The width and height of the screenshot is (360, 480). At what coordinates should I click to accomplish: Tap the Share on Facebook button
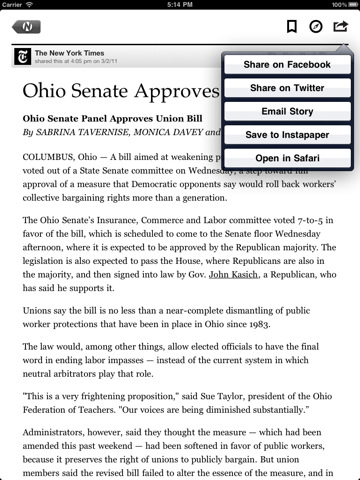(287, 65)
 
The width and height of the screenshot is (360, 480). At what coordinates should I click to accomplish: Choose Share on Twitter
(287, 88)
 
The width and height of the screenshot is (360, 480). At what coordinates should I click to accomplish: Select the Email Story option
(287, 111)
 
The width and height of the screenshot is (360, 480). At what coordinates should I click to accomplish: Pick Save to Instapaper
(287, 134)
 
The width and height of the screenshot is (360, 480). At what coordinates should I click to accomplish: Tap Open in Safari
(287, 157)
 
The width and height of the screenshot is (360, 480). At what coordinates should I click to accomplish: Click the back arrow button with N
(27, 26)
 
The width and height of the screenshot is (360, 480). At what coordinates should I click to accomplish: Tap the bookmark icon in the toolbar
(292, 26)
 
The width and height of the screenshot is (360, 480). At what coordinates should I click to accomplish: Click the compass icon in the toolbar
(316, 26)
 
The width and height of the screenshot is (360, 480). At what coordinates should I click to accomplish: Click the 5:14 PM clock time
(180, 5)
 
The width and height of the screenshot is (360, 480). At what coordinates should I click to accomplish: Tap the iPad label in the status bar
(13, 5)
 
